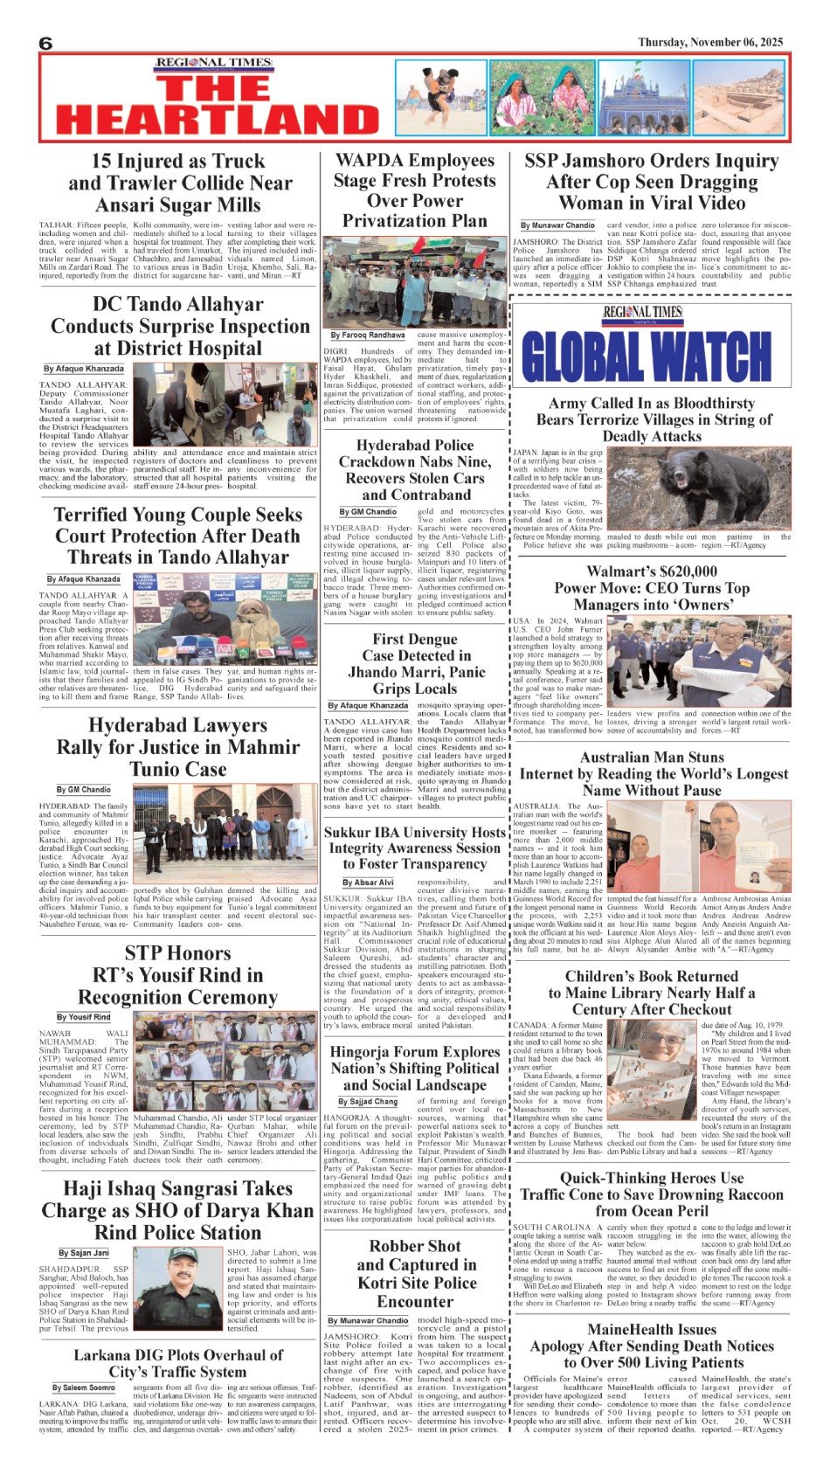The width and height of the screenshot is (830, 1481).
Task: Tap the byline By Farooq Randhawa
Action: (x=367, y=335)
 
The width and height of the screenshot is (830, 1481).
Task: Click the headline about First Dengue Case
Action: (x=416, y=663)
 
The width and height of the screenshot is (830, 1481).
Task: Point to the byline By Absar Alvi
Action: (x=368, y=882)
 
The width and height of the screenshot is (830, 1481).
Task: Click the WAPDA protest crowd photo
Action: (x=414, y=280)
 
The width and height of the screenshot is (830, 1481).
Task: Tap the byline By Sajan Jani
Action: (x=84, y=1252)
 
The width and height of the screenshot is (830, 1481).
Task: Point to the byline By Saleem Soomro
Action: (x=83, y=1388)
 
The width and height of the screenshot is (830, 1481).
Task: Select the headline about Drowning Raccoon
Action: (x=652, y=1194)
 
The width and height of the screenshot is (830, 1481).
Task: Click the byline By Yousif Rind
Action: (x=83, y=1017)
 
